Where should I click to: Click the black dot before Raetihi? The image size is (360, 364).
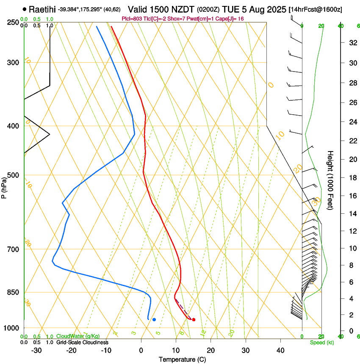tap(25, 9)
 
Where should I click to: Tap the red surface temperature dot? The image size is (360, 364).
tap(194, 320)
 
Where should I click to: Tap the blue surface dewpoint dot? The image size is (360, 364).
tap(154, 320)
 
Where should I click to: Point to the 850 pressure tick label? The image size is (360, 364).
tap(13, 292)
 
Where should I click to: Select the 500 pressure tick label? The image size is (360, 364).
tap(13, 175)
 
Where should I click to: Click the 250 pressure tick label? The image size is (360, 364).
tap(13, 22)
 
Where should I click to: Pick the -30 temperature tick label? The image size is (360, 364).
tap(36, 350)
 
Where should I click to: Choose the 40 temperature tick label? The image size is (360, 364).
tap(280, 350)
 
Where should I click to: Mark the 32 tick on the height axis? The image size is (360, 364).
tap(352, 42)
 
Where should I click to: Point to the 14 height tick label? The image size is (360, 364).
tap(352, 214)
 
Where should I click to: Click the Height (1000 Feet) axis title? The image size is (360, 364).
tap(330, 180)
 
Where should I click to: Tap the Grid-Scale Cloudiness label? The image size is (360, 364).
tap(82, 342)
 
